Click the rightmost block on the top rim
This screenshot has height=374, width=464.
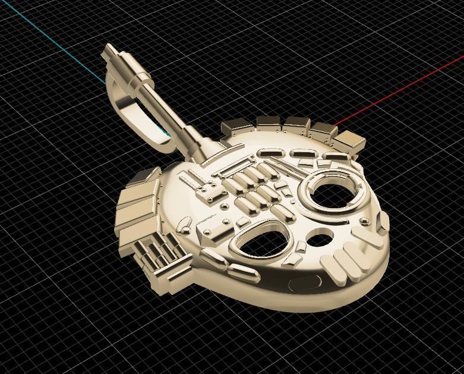click(x=349, y=141)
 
